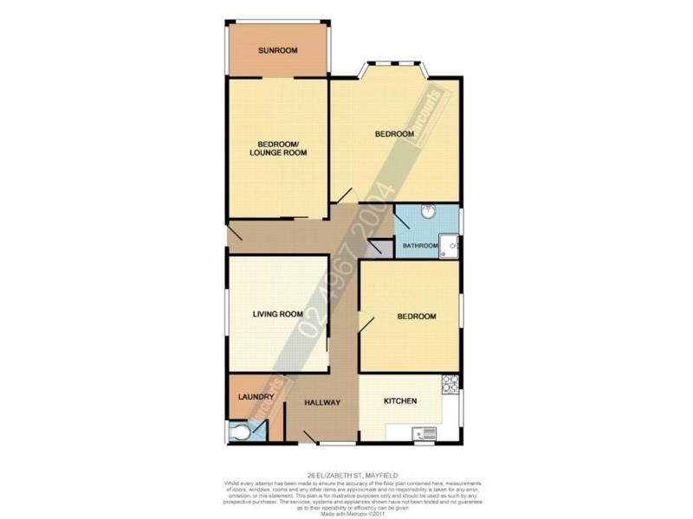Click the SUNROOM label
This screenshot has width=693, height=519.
pyautogui.click(x=277, y=51)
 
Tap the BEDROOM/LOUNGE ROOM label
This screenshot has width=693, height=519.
pyautogui.click(x=277, y=148)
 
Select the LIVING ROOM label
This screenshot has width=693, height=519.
pyautogui.click(x=277, y=315)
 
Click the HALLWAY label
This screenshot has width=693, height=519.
pyautogui.click(x=322, y=402)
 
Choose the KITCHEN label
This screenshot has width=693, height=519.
pyautogui.click(x=401, y=401)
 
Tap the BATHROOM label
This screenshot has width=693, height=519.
pyautogui.click(x=419, y=247)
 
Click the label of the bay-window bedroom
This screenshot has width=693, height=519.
pyautogui.click(x=393, y=134)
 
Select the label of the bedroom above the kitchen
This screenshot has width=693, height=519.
pyautogui.click(x=416, y=317)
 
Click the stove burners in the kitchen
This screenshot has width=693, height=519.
pyautogui.click(x=450, y=385)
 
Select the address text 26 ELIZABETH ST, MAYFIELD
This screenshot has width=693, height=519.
pyautogui.click(x=346, y=473)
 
